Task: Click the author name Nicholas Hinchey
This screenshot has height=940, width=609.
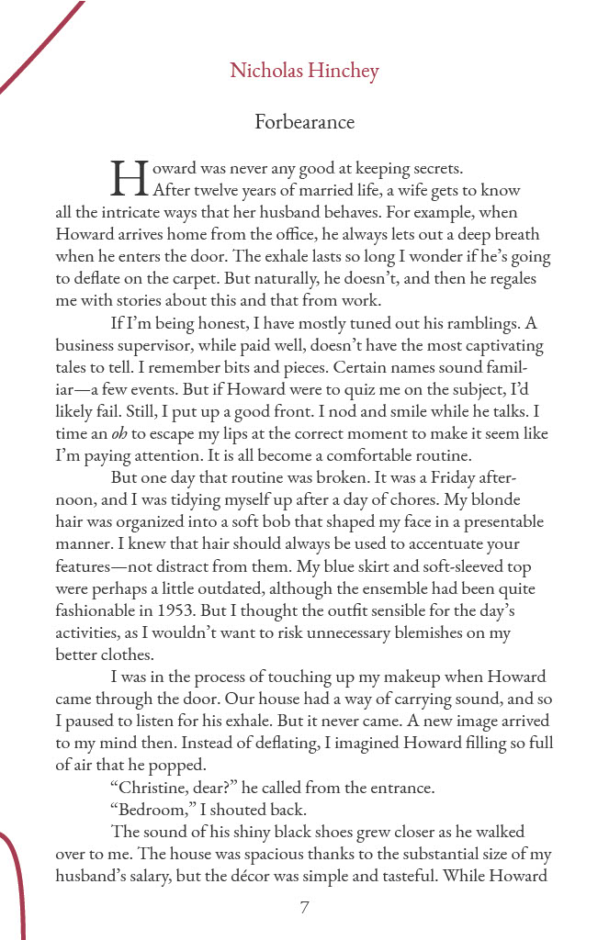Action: click(x=304, y=72)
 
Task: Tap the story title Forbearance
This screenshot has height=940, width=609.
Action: click(x=304, y=121)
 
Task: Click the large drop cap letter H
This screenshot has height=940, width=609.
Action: click(x=129, y=178)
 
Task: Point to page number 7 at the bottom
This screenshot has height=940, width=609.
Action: click(x=304, y=908)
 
